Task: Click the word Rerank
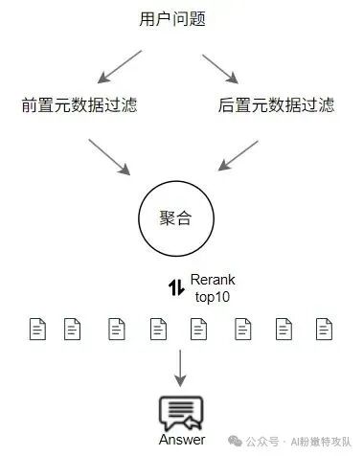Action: click(212, 279)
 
